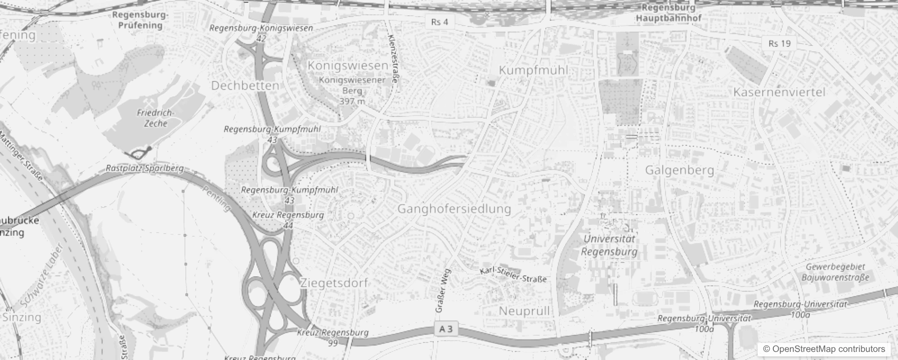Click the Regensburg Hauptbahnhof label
[x=668, y=13]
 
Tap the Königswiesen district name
[x=348, y=65]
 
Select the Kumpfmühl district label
[x=534, y=70]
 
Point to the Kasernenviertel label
[x=779, y=92]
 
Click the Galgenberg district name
[x=679, y=170]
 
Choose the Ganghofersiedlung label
[x=454, y=209]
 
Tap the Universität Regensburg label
[x=609, y=245]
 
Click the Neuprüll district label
[x=524, y=311]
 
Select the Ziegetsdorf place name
[x=334, y=283]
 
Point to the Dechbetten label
[x=245, y=85]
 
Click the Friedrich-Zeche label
[x=156, y=118]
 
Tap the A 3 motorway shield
[x=446, y=329]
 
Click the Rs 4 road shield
[x=439, y=22]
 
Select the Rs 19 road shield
[x=779, y=43]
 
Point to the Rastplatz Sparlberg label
[x=144, y=168]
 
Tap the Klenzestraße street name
[x=392, y=59]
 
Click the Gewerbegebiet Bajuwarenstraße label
[x=835, y=272]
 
